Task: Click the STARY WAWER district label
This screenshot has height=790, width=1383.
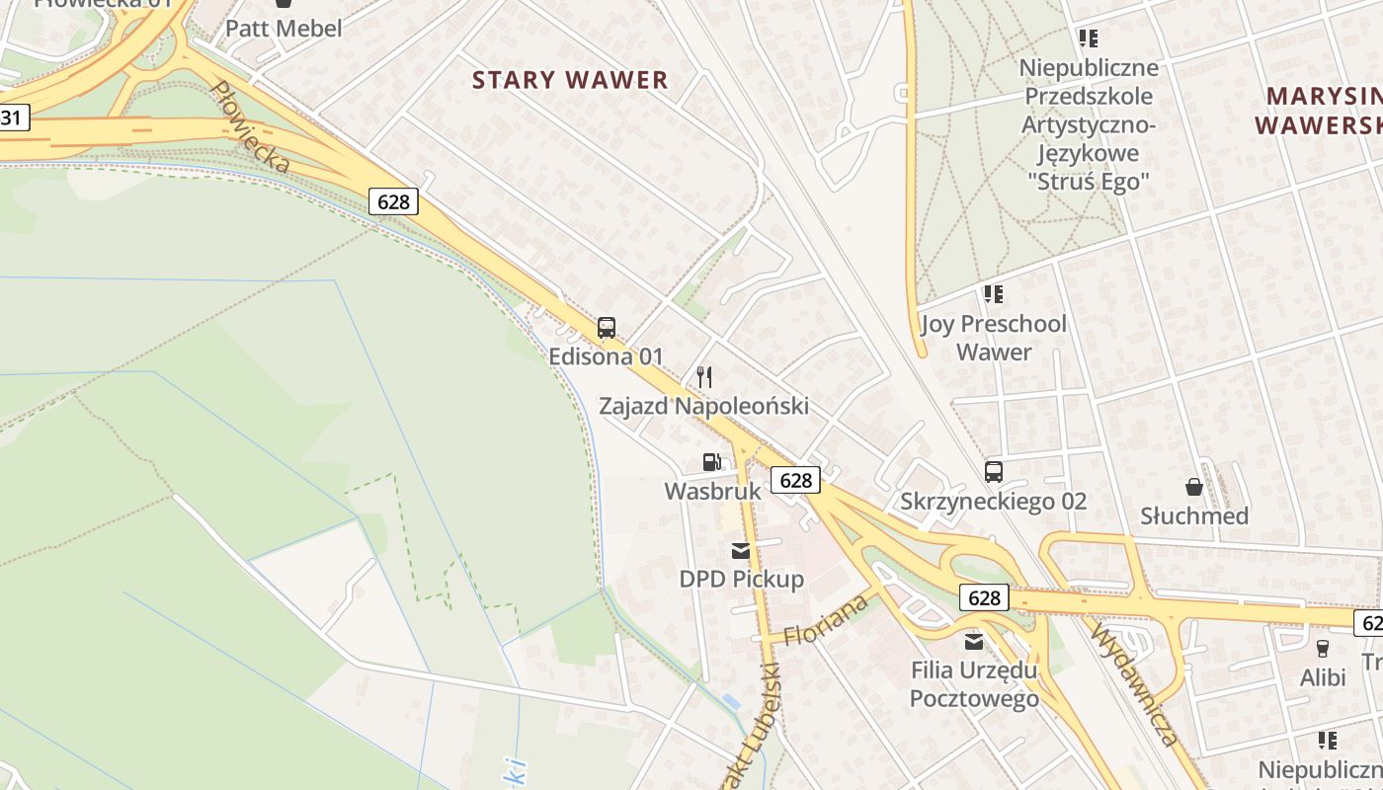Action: (570, 81)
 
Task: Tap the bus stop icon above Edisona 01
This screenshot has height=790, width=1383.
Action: (607, 328)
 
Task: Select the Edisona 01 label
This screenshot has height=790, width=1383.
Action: (607, 356)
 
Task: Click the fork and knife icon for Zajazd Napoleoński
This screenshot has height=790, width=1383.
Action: (704, 376)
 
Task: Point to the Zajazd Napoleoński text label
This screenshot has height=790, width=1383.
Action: (704, 406)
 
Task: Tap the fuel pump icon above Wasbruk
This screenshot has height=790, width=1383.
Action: (711, 461)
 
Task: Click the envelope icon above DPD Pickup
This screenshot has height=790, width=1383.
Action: (741, 550)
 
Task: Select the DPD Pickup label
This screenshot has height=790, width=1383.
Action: (742, 579)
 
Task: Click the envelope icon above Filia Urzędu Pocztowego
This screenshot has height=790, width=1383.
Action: (974, 642)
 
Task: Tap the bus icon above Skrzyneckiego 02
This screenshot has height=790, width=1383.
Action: (994, 472)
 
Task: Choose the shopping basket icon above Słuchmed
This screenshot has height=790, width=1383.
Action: (1194, 487)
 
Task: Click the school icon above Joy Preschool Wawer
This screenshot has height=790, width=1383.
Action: (994, 294)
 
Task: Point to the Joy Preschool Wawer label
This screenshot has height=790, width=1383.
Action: (994, 338)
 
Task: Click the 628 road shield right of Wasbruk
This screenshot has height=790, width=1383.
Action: (795, 480)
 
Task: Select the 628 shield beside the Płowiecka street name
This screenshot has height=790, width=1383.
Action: (393, 201)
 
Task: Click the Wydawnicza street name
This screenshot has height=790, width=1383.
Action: (1135, 681)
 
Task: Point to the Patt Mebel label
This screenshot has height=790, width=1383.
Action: (284, 29)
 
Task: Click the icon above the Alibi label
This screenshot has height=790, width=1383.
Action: (1323, 649)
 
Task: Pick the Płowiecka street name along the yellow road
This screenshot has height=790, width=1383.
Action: (250, 127)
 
